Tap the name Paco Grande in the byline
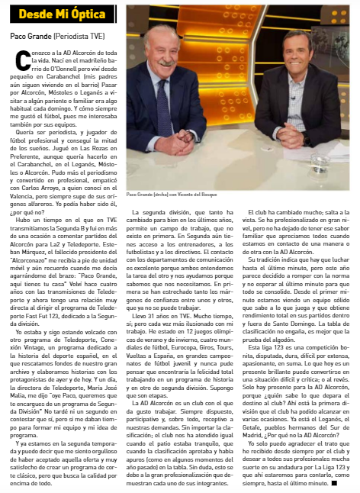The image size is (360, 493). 31,36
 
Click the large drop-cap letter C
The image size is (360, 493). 18,56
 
